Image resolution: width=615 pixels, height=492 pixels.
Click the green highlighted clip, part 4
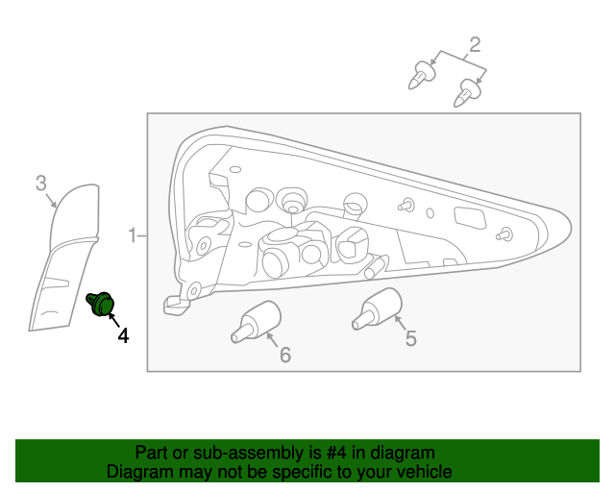point(101,304)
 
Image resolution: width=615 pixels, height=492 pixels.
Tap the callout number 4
point(123,336)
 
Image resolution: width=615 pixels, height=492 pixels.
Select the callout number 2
point(475,45)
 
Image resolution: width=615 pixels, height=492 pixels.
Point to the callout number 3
point(41,184)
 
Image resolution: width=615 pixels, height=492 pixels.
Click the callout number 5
point(410,338)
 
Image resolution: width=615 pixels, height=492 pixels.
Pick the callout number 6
point(285,355)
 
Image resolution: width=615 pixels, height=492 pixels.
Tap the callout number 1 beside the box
point(133,235)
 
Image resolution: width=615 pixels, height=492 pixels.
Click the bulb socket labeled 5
point(377,308)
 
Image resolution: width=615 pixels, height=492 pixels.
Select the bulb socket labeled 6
point(256,322)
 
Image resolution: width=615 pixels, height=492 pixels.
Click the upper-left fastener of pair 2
point(422,75)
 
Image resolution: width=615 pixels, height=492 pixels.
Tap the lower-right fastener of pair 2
point(467,92)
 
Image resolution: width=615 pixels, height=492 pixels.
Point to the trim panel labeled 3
point(64,257)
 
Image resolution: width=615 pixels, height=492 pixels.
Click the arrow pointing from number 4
point(113,320)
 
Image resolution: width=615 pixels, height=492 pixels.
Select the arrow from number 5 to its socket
point(400,324)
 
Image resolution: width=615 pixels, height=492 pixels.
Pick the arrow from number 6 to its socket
point(272,340)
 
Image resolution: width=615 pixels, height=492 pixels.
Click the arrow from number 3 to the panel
point(51,200)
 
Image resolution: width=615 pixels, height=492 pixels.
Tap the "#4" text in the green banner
point(336,453)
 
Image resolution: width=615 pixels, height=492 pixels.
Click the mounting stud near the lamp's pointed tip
point(504,234)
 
